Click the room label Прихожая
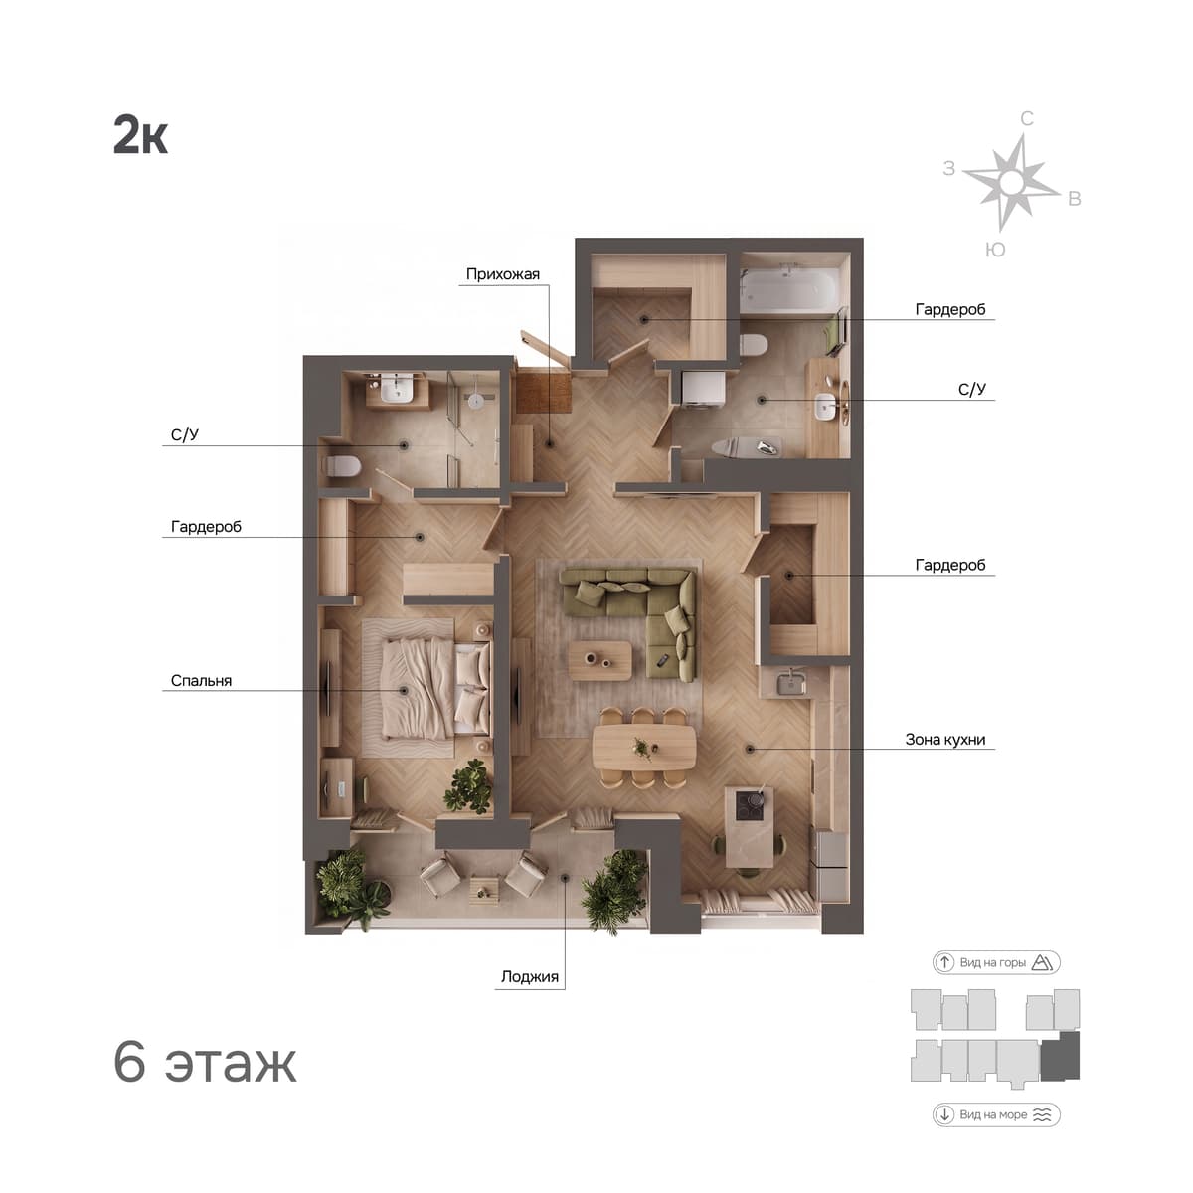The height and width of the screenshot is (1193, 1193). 502,274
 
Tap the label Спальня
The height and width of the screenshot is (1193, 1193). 201,681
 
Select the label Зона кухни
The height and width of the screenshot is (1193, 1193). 944,740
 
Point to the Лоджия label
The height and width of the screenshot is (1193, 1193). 529,976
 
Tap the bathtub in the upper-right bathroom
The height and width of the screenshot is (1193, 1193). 788,287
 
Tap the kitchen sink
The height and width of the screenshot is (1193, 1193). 790,683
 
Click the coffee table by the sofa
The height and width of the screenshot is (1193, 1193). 599,660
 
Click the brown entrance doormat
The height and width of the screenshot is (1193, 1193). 543,391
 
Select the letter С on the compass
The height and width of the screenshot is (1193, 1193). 1026,119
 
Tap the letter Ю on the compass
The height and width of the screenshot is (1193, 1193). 995,250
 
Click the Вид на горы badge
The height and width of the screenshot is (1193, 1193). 996,962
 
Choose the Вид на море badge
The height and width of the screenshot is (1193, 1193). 996,1115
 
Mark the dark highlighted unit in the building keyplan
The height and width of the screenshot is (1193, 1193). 1060,1057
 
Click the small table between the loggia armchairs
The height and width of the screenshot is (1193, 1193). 483,890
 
